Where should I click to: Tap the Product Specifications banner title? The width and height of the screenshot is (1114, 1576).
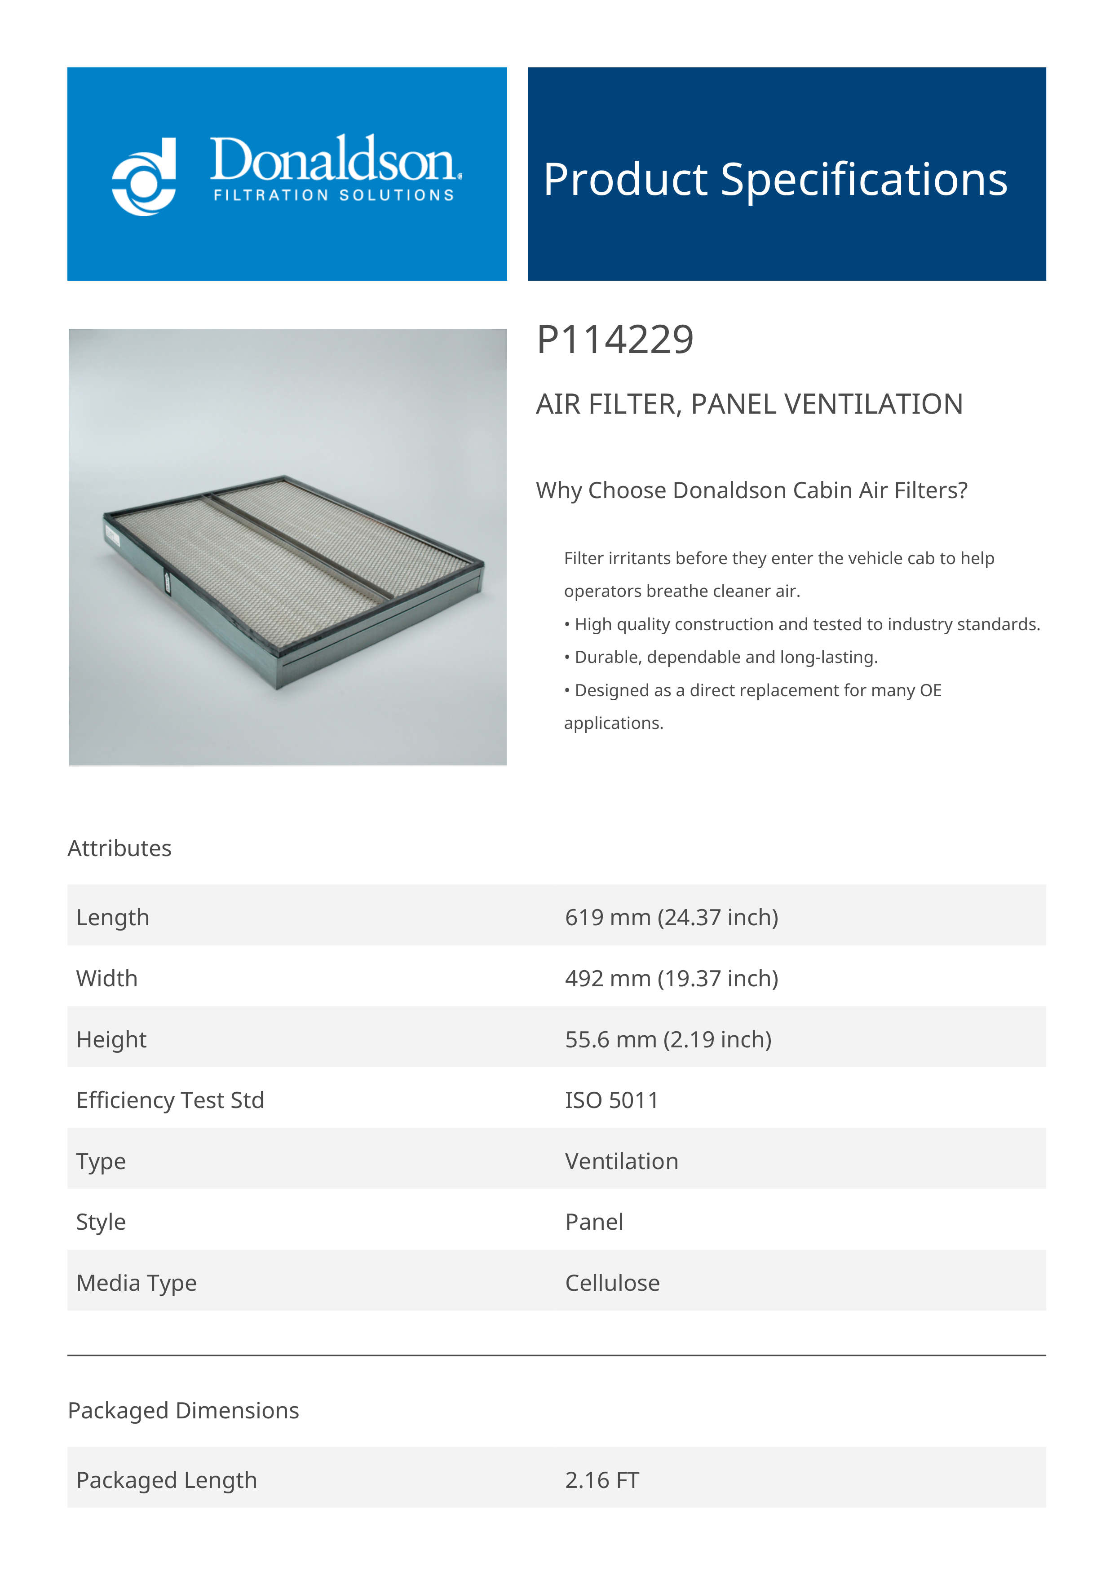click(775, 179)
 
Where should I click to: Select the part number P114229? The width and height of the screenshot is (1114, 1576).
click(615, 340)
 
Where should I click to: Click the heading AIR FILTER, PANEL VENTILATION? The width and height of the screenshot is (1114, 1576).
click(749, 404)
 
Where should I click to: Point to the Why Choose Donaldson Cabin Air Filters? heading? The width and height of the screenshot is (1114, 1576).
click(752, 490)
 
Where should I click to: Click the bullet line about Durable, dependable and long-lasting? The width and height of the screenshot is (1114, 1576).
click(721, 657)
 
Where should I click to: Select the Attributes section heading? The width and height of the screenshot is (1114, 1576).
click(119, 848)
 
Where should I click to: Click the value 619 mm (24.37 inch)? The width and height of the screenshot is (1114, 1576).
click(671, 917)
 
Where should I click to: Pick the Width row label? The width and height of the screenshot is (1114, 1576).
click(107, 978)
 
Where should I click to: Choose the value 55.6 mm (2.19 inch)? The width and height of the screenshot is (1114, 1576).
click(668, 1039)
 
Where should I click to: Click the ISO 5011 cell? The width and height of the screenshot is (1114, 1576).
click(611, 1100)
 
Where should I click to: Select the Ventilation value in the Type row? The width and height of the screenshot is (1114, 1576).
click(621, 1161)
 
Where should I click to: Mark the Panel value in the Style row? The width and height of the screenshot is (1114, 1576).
click(594, 1222)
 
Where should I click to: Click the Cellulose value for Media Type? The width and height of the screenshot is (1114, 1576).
click(612, 1283)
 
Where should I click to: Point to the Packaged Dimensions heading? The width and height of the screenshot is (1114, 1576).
click(183, 1411)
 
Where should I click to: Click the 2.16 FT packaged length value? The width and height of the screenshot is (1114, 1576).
click(602, 1481)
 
